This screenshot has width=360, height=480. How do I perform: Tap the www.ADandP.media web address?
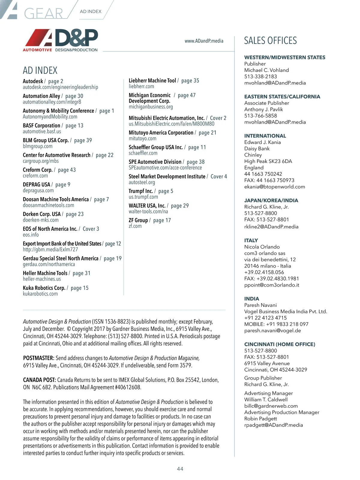(204, 41)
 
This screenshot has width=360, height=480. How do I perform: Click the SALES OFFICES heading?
(270, 40)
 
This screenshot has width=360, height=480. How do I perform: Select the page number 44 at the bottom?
(180, 469)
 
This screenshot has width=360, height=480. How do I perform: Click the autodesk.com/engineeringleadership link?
(60, 87)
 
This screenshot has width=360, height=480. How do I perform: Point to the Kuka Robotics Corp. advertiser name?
(44, 288)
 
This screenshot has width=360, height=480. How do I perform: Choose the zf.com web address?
(135, 226)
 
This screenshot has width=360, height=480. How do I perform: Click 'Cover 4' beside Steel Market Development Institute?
(219, 177)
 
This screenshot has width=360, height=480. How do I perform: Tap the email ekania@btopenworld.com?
(274, 187)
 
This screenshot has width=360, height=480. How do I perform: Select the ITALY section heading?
(251, 240)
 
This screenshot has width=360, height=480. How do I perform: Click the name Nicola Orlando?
(262, 247)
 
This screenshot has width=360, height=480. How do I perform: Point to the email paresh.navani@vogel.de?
(272, 331)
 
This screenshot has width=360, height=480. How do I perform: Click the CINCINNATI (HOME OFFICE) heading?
(280, 344)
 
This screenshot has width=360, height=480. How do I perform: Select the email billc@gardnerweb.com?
(271, 406)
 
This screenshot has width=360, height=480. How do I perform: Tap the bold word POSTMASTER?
(39, 358)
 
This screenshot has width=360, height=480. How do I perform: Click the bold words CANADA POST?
(39, 380)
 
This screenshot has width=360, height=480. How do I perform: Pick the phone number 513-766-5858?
(260, 116)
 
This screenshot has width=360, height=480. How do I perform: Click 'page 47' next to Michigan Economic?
(187, 95)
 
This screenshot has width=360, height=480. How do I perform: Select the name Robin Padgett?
(260, 418)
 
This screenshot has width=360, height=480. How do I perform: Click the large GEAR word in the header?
(43, 13)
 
